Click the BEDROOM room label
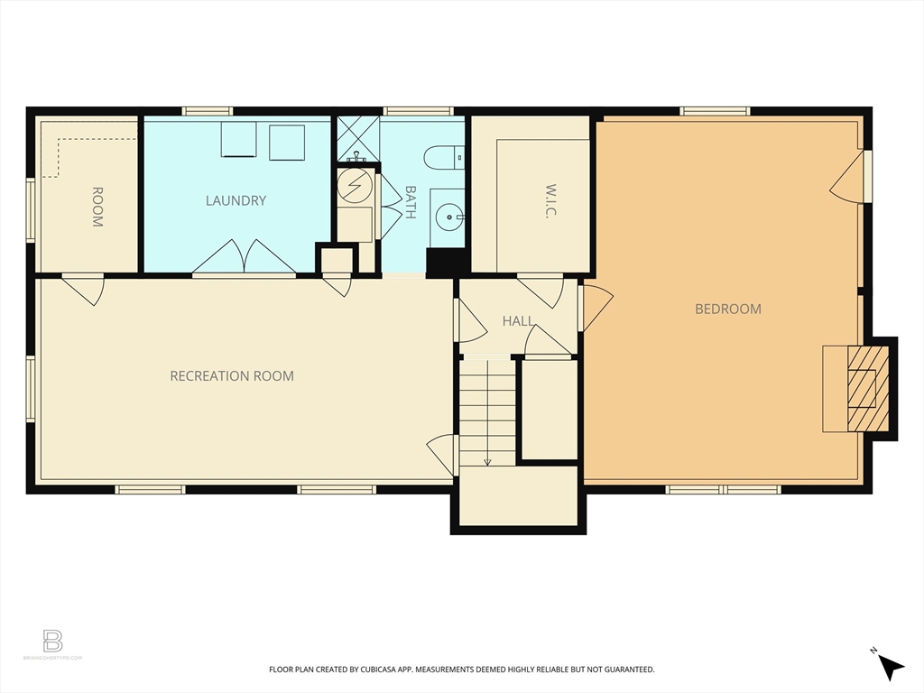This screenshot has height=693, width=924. point(727,309)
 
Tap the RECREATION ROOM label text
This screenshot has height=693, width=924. point(232,375)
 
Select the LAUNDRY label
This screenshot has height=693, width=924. point(236,200)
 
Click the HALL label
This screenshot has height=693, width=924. point(518,320)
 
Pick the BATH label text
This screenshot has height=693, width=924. point(411,203)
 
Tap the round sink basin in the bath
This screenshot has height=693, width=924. point(448,216)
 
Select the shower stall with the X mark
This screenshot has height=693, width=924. point(357,139)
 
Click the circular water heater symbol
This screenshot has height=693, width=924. point(354,187)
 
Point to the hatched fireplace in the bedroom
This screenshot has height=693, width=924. point(866,387)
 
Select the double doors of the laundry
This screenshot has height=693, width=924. point(244,256)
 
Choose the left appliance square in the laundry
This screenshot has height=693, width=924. point(239,140)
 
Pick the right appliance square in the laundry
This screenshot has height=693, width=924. point(287,142)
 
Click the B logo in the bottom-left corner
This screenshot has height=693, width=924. point(53,641)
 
